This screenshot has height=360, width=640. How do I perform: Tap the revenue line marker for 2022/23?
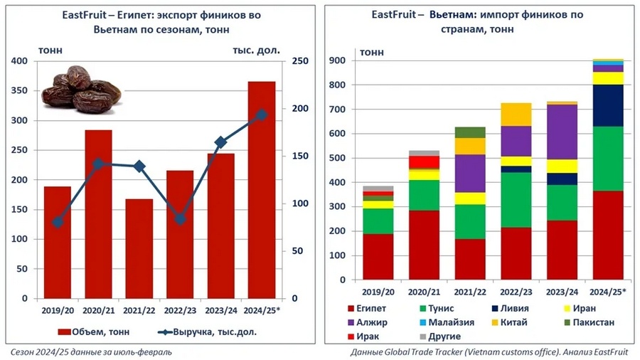click(x=180, y=219)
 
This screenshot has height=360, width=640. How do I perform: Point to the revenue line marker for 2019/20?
click(x=58, y=223)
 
